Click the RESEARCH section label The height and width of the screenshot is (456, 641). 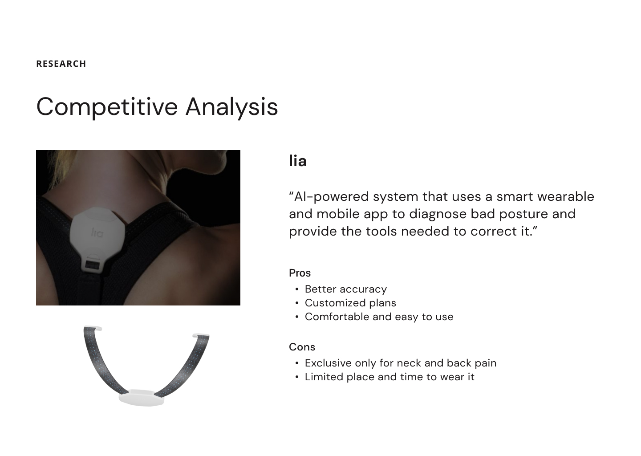(x=61, y=64)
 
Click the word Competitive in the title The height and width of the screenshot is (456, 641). (x=107, y=107)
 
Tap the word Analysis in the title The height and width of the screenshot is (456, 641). (x=232, y=107)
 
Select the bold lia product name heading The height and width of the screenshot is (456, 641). (x=298, y=161)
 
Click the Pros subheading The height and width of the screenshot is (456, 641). (x=300, y=273)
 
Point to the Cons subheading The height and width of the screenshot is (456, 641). (x=302, y=346)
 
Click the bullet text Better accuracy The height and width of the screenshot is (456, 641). (x=346, y=289)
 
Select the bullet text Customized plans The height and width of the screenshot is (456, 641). (x=350, y=303)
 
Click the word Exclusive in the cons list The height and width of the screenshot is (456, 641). (x=328, y=363)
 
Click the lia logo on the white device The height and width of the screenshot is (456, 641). (x=97, y=232)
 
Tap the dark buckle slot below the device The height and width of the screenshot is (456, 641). (x=92, y=265)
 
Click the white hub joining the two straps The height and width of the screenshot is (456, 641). (x=142, y=398)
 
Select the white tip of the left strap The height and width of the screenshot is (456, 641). (x=93, y=328)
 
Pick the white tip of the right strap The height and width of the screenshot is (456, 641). (x=201, y=335)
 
